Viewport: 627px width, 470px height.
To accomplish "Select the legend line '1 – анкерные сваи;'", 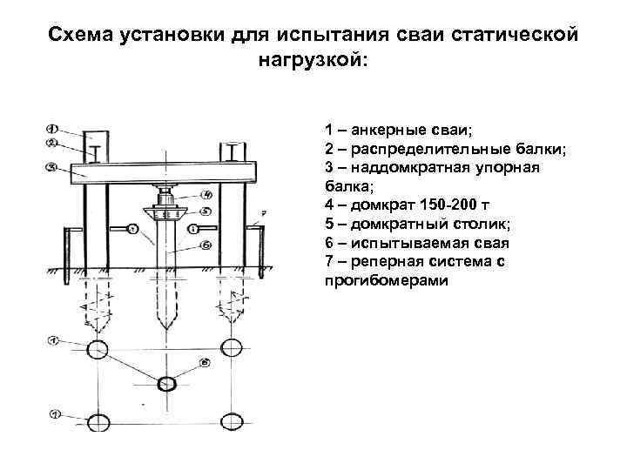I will pos(398,130).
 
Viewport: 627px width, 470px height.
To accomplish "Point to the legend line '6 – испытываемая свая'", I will pos(417,244).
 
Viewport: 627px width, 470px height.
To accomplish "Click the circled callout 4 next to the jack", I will pos(206,193).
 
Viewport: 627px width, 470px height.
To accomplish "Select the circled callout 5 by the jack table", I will pos(206,211).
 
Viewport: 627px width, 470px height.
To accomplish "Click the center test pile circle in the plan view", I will pos(165,384).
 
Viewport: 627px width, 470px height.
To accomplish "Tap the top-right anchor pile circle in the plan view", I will pos(231,349).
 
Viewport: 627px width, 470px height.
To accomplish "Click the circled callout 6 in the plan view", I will pos(204,360).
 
